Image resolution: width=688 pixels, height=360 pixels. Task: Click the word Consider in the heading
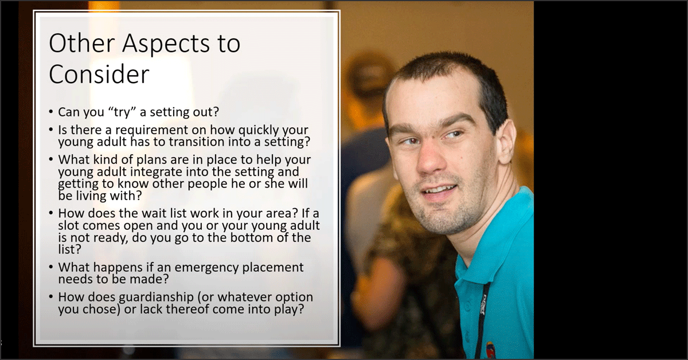pyautogui.click(x=99, y=75)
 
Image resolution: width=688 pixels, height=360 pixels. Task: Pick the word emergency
pyautogui.click(x=207, y=268)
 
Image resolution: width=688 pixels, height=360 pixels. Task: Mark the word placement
pyautogui.click(x=273, y=268)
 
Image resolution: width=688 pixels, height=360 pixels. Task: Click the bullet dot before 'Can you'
pyautogui.click(x=51, y=112)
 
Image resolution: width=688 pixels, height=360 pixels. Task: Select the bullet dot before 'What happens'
pyautogui.click(x=51, y=267)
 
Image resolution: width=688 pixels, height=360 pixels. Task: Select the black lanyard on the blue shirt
pyautogui.click(x=483, y=320)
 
